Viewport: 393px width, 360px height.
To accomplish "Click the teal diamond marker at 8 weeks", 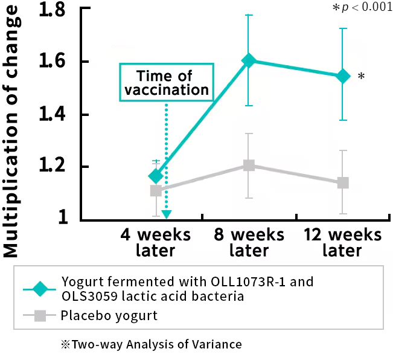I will [x=249, y=60].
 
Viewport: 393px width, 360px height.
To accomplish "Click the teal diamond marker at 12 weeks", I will [x=343, y=76].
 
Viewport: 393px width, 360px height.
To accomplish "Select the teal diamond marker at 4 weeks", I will [x=156, y=176].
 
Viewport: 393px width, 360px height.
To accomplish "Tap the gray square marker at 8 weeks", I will [x=249, y=166].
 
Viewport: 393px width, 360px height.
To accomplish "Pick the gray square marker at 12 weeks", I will [x=343, y=182].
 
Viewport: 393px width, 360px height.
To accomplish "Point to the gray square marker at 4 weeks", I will [x=156, y=190].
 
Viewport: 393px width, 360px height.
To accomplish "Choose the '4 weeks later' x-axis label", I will [x=155, y=242].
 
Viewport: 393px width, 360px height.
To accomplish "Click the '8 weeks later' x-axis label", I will [x=249, y=242].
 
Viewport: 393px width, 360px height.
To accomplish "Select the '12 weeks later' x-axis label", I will [x=342, y=242].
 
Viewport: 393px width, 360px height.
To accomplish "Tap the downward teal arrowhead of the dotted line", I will [x=167, y=214].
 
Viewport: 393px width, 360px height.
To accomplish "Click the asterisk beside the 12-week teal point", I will [x=361, y=77].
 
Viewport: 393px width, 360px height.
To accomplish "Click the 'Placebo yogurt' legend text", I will [x=109, y=315].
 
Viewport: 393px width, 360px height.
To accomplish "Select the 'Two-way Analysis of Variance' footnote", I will [x=151, y=344].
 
